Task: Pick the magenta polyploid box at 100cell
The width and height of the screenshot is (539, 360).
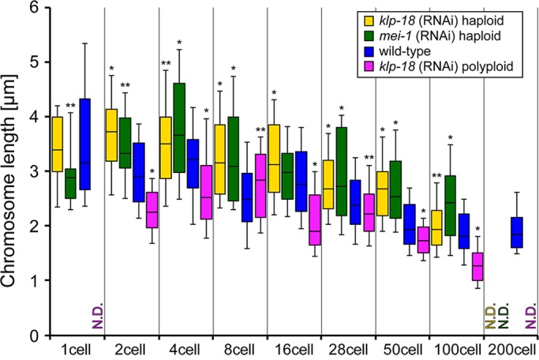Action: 476,266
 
